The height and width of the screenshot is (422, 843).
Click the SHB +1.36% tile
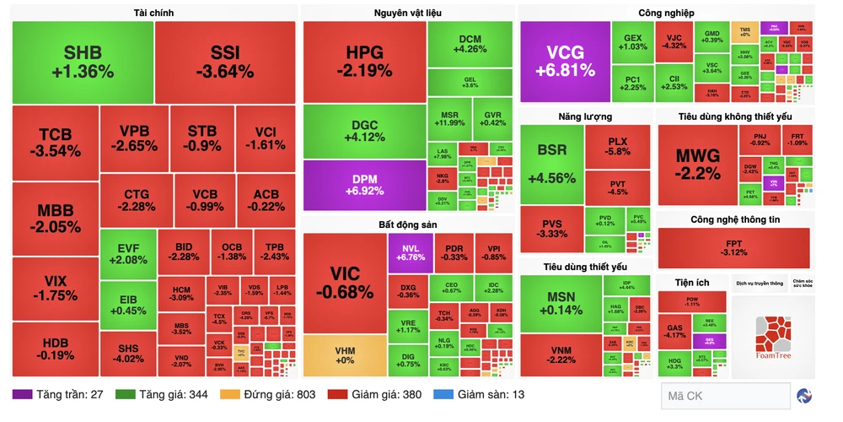point(83,62)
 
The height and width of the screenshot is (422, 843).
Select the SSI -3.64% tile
point(225,62)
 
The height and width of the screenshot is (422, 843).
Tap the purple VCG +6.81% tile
point(565,62)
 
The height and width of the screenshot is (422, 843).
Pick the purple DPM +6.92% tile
point(364,185)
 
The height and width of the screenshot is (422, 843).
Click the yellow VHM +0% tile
point(343,355)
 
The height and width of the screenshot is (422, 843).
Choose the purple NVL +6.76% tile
point(409,252)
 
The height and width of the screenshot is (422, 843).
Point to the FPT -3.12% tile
point(734,247)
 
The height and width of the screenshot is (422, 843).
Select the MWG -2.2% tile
point(697,165)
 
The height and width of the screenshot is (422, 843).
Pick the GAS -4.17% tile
point(674,333)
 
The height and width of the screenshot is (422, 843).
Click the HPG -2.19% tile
point(364,62)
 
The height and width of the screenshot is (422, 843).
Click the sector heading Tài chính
point(154,13)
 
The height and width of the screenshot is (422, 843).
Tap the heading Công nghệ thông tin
point(735,219)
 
